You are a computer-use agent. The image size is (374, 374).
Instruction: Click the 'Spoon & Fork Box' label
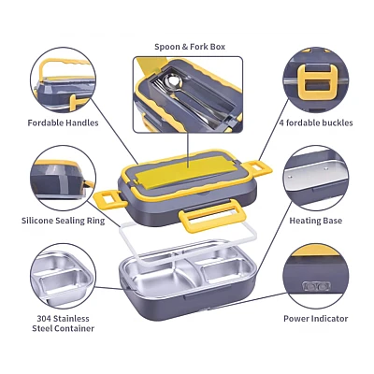click(x=190, y=47)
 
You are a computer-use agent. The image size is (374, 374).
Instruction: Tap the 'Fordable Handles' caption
click(x=63, y=122)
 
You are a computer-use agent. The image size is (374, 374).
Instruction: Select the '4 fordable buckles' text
click(x=316, y=122)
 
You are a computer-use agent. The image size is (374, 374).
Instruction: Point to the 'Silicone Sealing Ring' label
click(x=63, y=221)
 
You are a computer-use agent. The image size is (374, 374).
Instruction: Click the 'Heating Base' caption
click(x=316, y=221)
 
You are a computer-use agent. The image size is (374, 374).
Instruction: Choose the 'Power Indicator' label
click(x=316, y=319)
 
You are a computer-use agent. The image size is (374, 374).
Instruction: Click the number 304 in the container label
click(x=44, y=319)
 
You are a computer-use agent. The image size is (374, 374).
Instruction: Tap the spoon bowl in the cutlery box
click(x=173, y=82)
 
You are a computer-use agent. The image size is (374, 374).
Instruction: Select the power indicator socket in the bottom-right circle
click(x=317, y=286)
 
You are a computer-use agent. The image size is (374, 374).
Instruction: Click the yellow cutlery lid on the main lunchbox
click(x=181, y=173)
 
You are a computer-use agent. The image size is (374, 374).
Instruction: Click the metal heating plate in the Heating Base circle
click(x=315, y=175)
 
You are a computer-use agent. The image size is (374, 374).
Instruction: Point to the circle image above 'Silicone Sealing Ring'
click(x=64, y=178)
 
